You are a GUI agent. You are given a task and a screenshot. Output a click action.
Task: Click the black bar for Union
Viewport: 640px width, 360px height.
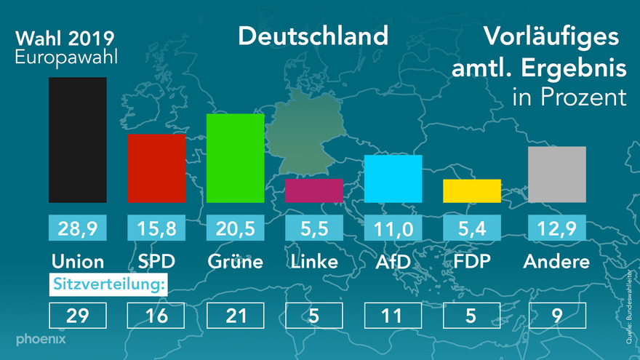78,140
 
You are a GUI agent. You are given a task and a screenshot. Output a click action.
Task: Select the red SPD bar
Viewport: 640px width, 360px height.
156,168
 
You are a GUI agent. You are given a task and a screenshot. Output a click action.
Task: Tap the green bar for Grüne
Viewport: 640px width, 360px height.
235,158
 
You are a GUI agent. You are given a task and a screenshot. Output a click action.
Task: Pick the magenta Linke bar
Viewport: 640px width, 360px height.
313,191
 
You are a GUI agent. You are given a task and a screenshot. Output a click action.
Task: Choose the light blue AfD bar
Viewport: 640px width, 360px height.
393,178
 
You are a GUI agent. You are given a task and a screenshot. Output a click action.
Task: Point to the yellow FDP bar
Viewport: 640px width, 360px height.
471,191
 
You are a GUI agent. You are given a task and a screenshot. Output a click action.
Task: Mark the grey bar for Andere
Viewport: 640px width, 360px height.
556,174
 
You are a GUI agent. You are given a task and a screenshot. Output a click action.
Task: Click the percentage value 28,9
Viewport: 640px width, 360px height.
78,229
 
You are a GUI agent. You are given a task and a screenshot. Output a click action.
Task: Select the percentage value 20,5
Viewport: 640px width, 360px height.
235,229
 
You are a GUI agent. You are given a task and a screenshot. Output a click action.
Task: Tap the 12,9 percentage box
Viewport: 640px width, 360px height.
556,229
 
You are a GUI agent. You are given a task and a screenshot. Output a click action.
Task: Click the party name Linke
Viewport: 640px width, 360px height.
313,261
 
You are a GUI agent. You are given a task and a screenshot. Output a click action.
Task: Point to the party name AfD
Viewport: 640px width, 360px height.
393,261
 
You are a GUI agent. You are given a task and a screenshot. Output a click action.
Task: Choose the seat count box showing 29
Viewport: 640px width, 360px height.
78,315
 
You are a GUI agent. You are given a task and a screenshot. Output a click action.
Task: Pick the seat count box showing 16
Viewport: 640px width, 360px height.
156,315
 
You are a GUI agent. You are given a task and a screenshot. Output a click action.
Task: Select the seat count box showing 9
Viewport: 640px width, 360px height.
556,315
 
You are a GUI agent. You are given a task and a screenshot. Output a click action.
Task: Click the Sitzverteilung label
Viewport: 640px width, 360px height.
108,284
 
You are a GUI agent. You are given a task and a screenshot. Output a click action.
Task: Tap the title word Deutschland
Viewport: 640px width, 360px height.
313,36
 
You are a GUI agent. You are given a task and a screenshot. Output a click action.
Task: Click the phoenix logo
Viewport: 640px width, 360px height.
41,340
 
